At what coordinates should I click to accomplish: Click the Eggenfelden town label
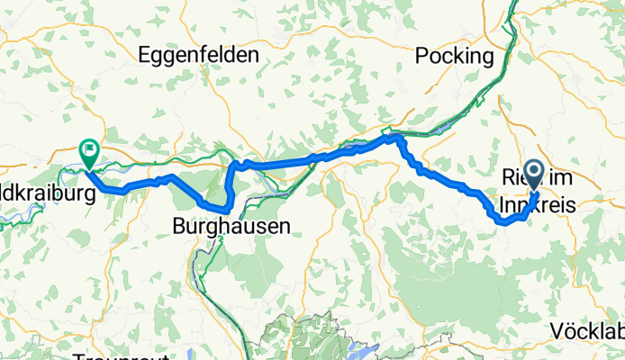(198, 55)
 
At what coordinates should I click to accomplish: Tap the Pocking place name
(455, 57)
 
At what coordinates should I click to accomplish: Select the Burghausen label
(233, 226)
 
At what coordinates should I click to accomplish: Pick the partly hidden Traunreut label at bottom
(113, 356)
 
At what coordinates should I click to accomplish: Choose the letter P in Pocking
(421, 57)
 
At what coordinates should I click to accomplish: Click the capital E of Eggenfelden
(144, 55)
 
